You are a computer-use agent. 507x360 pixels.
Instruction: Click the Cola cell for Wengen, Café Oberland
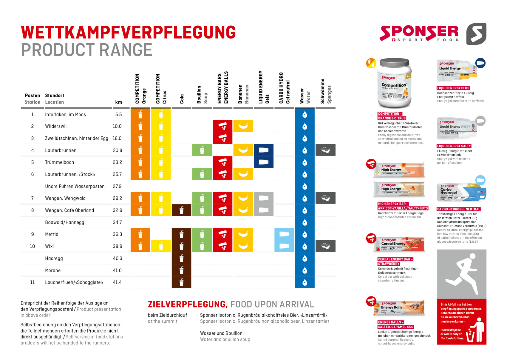pyautogui.click(x=181, y=210)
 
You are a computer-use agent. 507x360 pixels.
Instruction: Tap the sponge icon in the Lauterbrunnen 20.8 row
pyautogui.click(x=325, y=150)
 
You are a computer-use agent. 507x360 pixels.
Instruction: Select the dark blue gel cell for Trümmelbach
pyautogui.click(x=264, y=162)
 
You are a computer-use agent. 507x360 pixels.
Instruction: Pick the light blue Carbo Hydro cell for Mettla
pyautogui.click(x=284, y=234)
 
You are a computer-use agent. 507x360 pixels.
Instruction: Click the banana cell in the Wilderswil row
pyautogui.click(x=243, y=126)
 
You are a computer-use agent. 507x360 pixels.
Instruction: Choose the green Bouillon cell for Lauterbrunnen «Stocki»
pyautogui.click(x=202, y=174)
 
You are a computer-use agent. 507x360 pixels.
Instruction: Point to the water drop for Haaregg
pyautogui.click(x=304, y=258)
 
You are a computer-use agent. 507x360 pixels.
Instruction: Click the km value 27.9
pyautogui.click(x=117, y=186)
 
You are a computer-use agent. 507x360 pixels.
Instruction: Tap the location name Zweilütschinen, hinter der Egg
pyautogui.click(x=77, y=138)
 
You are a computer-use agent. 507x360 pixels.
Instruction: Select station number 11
pyautogui.click(x=33, y=282)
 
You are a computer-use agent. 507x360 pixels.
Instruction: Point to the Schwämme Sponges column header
pyautogui.click(x=326, y=91)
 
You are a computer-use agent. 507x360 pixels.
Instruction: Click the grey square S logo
pyautogui.click(x=476, y=34)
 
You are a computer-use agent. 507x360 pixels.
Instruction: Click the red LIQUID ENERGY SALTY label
pyautogui.click(x=454, y=146)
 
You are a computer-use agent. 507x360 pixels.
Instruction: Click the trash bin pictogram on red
pyautogui.click(x=476, y=331)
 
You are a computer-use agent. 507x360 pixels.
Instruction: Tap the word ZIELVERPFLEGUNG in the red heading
pyautogui.click(x=188, y=304)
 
